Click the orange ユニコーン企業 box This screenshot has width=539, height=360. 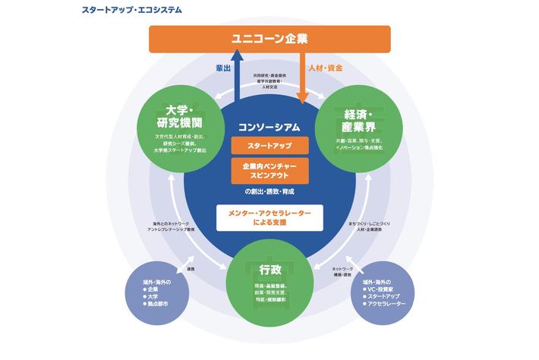tap(269, 39)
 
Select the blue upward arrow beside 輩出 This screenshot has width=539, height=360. tap(237, 76)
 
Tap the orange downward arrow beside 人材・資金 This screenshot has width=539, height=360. tap(302, 76)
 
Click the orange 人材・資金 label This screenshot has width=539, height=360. tap(325, 68)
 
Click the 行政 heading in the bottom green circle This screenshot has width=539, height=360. tap(269, 269)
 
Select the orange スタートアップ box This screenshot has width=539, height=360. tap(269, 145)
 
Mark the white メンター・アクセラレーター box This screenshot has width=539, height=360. tap(269, 219)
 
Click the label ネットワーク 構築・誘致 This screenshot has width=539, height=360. tap(346, 272)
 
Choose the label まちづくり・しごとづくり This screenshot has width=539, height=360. tap(369, 225)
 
